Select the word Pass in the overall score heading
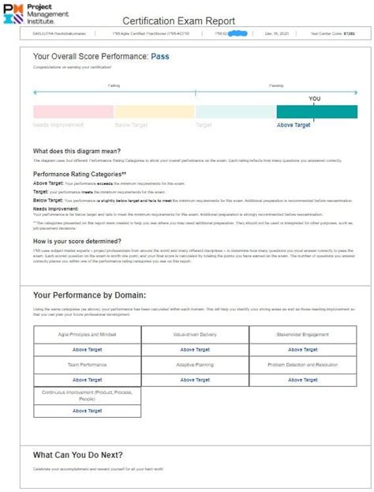160,57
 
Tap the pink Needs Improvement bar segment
73,111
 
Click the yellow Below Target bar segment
155,111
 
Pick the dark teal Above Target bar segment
316,111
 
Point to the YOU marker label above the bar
315,99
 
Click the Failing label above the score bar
114,85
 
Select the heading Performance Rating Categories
80,173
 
